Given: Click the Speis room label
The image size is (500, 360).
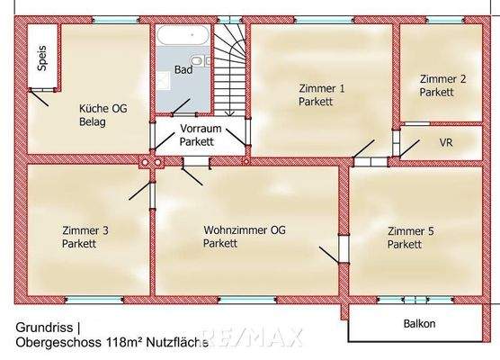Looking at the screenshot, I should coord(40,58).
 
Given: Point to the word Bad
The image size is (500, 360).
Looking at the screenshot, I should coord(183,70).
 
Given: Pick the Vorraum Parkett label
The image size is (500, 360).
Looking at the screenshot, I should coord(197,135).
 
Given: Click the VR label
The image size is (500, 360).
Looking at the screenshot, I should coord(446,143).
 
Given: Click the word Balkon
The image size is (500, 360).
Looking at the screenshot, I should coord(419,324).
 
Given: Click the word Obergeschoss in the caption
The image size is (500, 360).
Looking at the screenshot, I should coord(53,343).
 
